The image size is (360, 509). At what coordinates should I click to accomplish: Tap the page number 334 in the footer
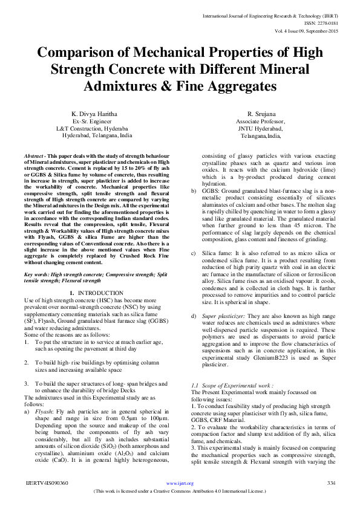pyautogui.click(x=331, y=483)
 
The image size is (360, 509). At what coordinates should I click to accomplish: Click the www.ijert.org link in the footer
pyautogui.click(x=179, y=484)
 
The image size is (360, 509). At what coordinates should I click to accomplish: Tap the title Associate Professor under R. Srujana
pyautogui.click(x=248, y=122)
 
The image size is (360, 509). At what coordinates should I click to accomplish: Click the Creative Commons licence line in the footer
pyautogui.click(x=180, y=491)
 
